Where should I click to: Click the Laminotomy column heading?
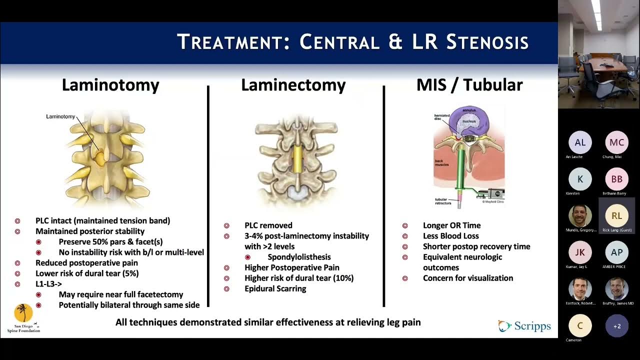click(110, 85)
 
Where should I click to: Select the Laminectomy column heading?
click(293, 85)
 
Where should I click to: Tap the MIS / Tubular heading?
click(469, 85)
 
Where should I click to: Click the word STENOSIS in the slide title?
click(487, 42)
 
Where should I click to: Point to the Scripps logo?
click(524, 326)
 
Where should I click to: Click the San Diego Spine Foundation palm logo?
click(23, 313)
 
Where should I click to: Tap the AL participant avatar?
click(580, 142)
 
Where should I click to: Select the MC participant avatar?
click(616, 142)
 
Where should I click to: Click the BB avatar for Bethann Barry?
click(616, 179)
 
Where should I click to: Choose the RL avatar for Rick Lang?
click(616, 215)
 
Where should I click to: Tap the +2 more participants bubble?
click(616, 326)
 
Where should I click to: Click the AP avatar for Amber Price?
click(616, 252)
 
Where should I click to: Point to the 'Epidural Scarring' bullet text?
click(275, 288)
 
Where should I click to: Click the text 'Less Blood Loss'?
click(450, 236)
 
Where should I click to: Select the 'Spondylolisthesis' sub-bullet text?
click(299, 257)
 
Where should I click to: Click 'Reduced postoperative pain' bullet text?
click(86, 263)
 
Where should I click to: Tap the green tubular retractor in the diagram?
click(459, 170)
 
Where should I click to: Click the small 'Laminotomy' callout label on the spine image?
click(60, 116)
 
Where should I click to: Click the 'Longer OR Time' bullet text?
click(451, 225)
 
